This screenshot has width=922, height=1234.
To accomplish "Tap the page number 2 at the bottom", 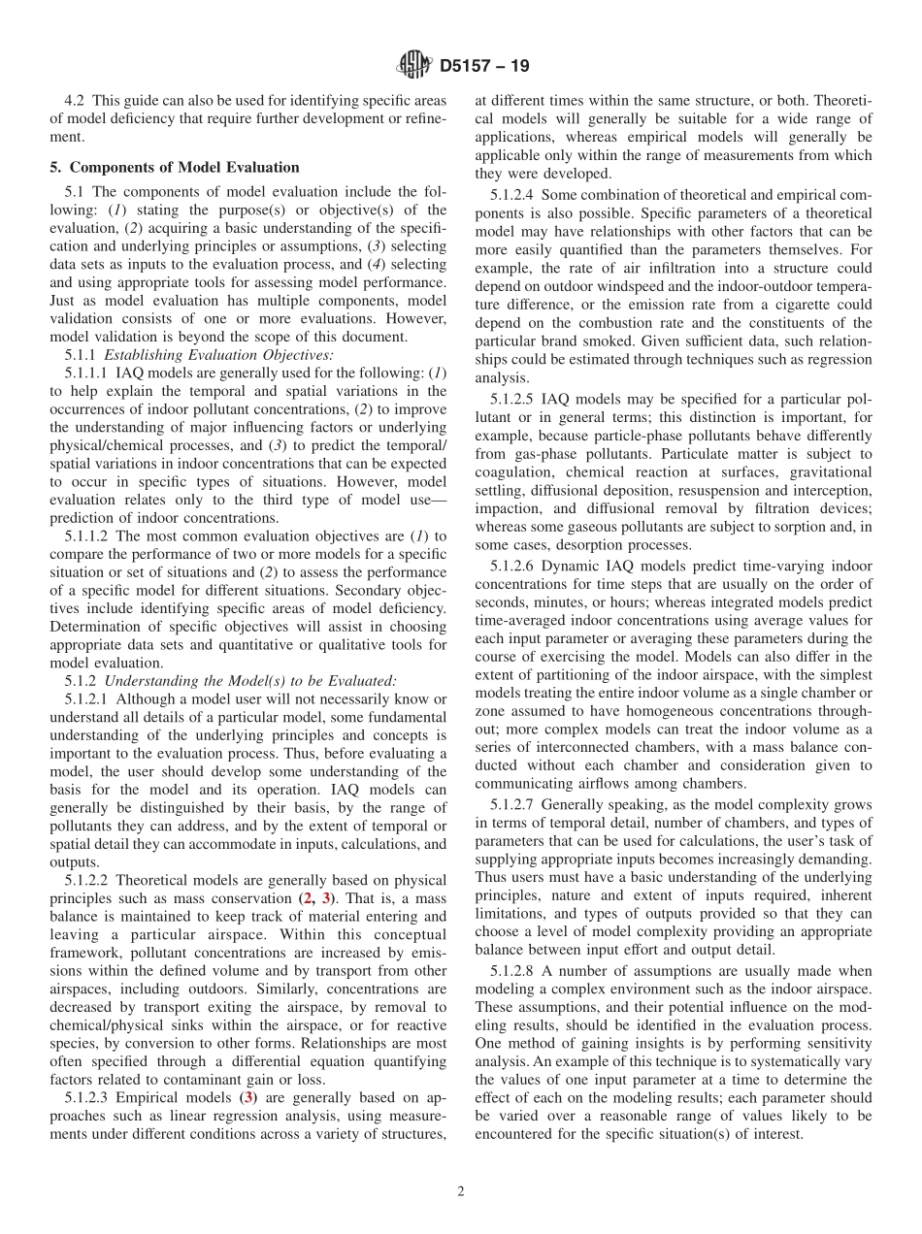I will (461, 1191).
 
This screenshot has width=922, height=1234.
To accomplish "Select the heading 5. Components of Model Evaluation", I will (175, 167).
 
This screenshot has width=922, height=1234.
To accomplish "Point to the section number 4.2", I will (76, 100).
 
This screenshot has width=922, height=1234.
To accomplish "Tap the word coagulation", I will (510, 471).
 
